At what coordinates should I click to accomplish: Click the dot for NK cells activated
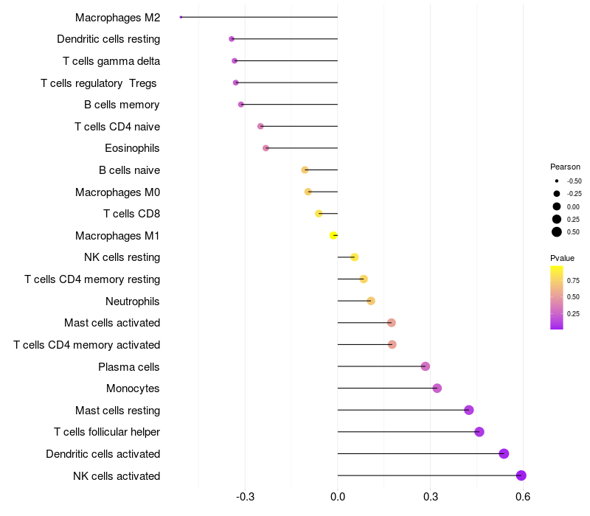521,475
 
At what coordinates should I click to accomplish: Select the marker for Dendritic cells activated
504,453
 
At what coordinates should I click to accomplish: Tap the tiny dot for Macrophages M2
181,17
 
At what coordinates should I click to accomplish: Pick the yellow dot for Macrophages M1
334,235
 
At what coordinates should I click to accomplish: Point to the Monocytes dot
437,388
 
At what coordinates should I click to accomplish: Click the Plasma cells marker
426,366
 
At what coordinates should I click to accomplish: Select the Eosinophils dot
266,148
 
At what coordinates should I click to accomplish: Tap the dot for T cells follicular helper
479,432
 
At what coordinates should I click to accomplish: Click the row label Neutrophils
133,301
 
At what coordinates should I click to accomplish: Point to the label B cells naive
129,170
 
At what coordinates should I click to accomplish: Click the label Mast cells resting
117,410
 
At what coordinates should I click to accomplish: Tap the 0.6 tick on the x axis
523,497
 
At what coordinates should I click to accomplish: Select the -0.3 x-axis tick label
245,497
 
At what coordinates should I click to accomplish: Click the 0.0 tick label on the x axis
338,497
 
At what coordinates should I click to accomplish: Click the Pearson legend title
565,167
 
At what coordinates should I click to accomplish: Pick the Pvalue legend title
562,258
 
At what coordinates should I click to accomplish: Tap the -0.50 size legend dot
557,181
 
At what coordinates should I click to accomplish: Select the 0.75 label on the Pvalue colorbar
573,280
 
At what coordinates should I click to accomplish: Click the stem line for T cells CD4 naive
299,126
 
